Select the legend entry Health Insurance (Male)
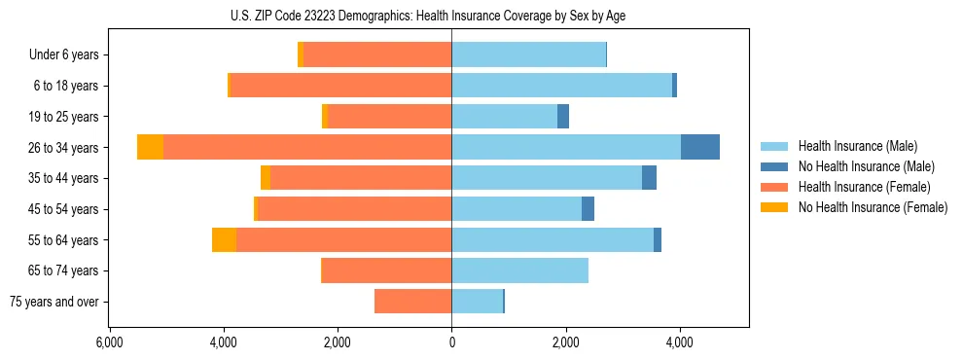[857, 146]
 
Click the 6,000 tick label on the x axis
[110, 342]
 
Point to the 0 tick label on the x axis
[451, 342]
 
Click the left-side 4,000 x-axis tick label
[224, 342]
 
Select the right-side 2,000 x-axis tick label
[565, 342]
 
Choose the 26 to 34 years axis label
[65, 148]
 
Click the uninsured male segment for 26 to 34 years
[699, 147]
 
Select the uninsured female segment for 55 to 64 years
[224, 239]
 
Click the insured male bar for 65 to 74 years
[519, 270]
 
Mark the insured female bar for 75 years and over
[412, 302]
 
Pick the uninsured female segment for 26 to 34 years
[150, 147]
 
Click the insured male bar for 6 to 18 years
[561, 86]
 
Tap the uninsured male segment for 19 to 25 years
[562, 117]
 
